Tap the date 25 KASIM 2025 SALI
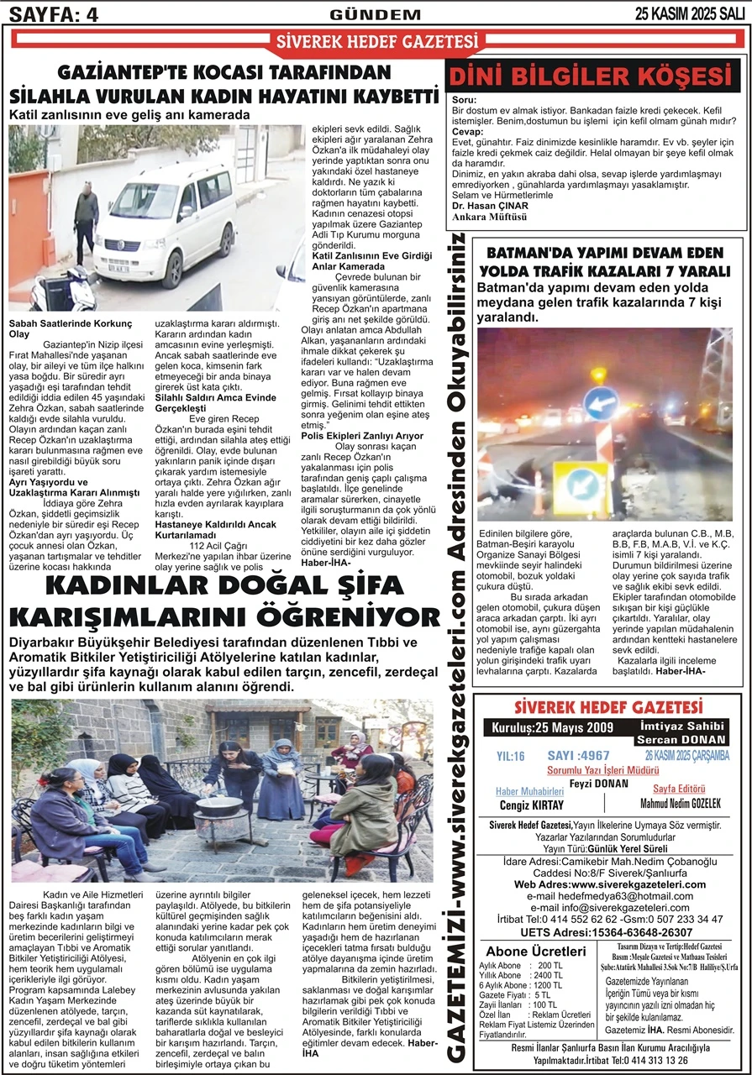(690, 13)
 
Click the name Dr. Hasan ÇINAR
(490, 206)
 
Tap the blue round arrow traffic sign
(601, 404)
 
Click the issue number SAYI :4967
(578, 755)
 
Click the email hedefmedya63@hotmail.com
(608, 896)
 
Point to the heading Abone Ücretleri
(536, 951)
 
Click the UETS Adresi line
(607, 932)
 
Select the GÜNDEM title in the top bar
(376, 14)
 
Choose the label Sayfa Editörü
(677, 789)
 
